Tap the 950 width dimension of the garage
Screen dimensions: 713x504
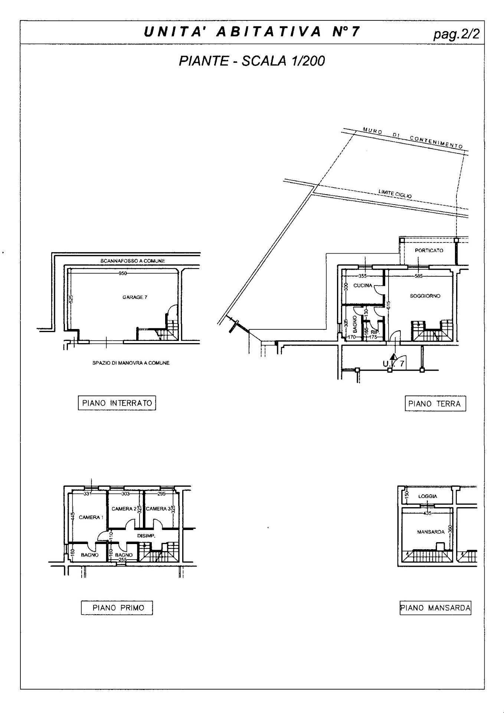tap(122, 273)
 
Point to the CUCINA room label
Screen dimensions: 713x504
tap(363, 286)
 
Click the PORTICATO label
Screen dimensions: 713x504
tap(429, 251)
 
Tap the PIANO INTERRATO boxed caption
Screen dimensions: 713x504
tap(117, 403)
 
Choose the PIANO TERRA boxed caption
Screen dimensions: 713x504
tap(435, 404)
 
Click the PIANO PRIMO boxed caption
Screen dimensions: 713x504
tap(117, 608)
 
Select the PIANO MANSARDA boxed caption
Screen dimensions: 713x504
tap(435, 608)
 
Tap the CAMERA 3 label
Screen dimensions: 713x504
tap(158, 509)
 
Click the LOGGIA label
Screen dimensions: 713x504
tap(428, 496)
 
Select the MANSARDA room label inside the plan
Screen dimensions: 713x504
tap(431, 532)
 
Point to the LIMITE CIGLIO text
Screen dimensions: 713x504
tap(395, 193)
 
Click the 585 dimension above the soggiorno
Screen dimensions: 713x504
tap(419, 276)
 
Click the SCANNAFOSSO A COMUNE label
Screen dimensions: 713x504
tap(132, 261)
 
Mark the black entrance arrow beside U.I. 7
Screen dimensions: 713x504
tap(393, 358)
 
